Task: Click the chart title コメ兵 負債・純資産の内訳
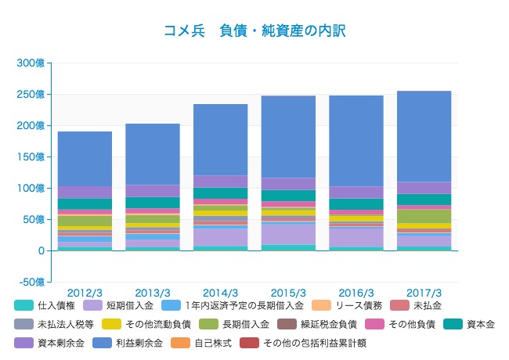coord(254,31)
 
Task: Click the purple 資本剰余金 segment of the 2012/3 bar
coord(85,192)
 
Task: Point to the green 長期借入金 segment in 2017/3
coord(424,216)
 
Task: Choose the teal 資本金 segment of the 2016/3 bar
coord(356,204)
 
